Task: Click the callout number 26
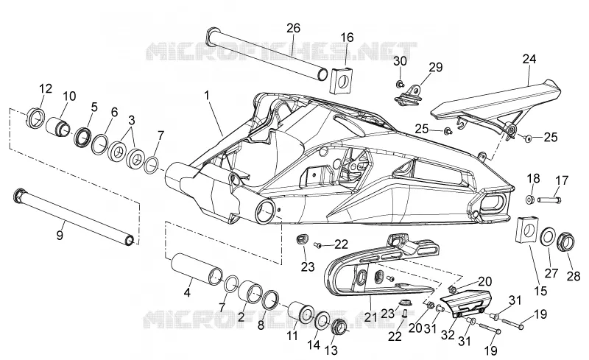click(x=293, y=28)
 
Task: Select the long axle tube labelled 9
click(x=73, y=217)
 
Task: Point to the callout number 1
click(x=207, y=96)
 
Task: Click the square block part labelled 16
click(x=342, y=80)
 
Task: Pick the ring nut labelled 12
click(x=36, y=117)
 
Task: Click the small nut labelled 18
click(x=529, y=199)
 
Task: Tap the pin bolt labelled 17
click(x=550, y=200)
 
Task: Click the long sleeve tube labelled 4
click(x=197, y=269)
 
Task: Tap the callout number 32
click(x=448, y=334)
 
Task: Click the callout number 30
click(x=400, y=60)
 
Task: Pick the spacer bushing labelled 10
click(x=58, y=127)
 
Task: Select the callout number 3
click(x=132, y=120)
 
